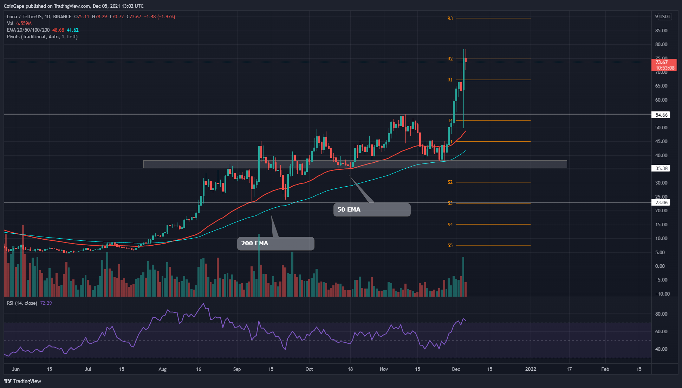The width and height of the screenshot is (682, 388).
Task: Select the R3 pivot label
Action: pyautogui.click(x=450, y=18)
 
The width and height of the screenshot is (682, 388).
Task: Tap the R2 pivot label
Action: pyautogui.click(x=450, y=59)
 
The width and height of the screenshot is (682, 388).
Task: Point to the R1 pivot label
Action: pyautogui.click(x=450, y=80)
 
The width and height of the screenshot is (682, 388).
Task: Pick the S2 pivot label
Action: pyautogui.click(x=450, y=182)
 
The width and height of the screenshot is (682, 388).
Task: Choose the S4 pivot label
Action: pyautogui.click(x=450, y=225)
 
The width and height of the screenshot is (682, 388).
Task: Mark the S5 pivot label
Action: pyautogui.click(x=450, y=245)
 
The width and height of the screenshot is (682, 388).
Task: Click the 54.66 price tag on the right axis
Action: pyautogui.click(x=661, y=115)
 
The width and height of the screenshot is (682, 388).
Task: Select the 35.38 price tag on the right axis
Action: pyautogui.click(x=661, y=168)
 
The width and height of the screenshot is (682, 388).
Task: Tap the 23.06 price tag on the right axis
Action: pyautogui.click(x=661, y=202)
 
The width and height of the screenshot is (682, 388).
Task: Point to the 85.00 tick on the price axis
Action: pyautogui.click(x=661, y=31)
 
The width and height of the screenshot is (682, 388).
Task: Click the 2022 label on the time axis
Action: pyautogui.click(x=531, y=369)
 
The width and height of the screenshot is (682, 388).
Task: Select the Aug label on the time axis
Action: pyautogui.click(x=162, y=369)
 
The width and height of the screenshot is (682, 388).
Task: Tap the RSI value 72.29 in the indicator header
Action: pyautogui.click(x=46, y=303)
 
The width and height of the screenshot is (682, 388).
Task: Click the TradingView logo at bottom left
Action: pyautogui.click(x=23, y=381)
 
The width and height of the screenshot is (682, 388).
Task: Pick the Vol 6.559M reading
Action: pyautogui.click(x=19, y=23)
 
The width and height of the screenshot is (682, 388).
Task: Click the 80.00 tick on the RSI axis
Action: pyautogui.click(x=661, y=314)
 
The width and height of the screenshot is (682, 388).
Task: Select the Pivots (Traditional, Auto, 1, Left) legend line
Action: pyautogui.click(x=42, y=37)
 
